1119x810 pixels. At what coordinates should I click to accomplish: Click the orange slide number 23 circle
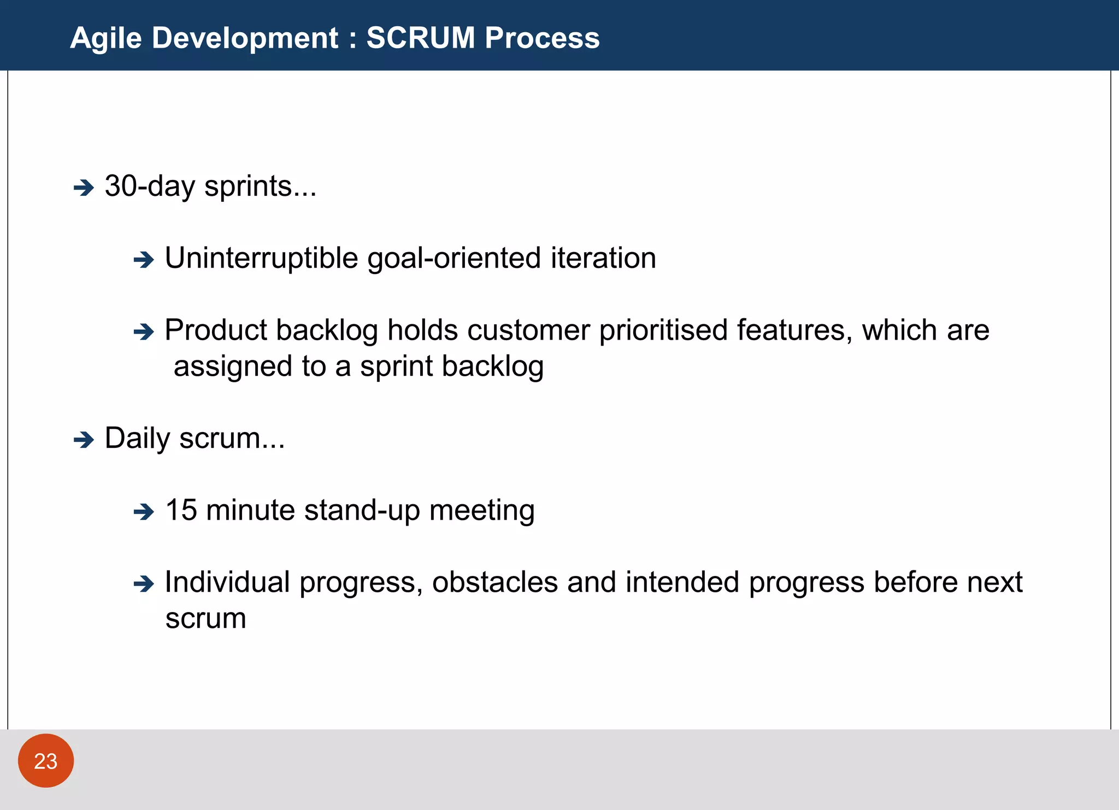pos(46,761)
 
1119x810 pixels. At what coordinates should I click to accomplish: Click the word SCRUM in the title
pos(421,38)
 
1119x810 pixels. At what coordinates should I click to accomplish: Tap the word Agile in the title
pos(106,39)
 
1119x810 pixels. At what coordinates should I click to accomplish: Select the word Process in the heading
pos(542,38)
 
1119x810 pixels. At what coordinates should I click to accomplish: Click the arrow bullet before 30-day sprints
pos(84,188)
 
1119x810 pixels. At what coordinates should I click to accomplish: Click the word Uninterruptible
pos(261,258)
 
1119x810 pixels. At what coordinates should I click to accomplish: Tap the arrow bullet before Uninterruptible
pos(144,260)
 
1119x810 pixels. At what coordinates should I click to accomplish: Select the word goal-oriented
pos(454,259)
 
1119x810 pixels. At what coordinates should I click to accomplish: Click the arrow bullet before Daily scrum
pos(84,440)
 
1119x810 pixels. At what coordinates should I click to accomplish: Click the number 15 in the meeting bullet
pos(181,510)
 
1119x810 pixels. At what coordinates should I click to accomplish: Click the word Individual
pos(227,582)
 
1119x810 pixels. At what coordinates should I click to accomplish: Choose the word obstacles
pos(494,582)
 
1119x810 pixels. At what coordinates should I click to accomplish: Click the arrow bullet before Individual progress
pos(144,584)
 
